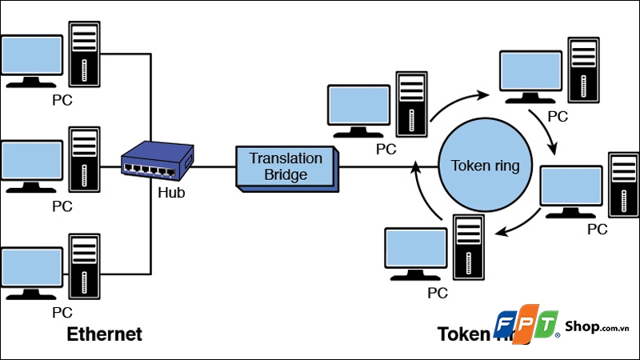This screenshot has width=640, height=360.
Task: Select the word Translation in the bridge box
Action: pyautogui.click(x=286, y=158)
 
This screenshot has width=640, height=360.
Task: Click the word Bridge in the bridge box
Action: pyautogui.click(x=286, y=174)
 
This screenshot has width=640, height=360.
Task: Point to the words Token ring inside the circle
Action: pyautogui.click(x=486, y=166)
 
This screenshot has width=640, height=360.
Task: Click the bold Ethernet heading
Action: pyautogui.click(x=104, y=334)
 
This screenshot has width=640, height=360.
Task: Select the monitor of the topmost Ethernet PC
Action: pyautogui.click(x=31, y=58)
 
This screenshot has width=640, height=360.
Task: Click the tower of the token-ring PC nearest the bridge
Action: pyautogui.click(x=412, y=102)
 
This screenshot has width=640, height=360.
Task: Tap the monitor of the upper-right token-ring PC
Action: pyautogui.click(x=530, y=74)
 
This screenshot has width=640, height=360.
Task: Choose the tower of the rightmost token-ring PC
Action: pyautogui.click(x=624, y=185)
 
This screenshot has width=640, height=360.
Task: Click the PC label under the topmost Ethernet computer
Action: pyautogui.click(x=62, y=101)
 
